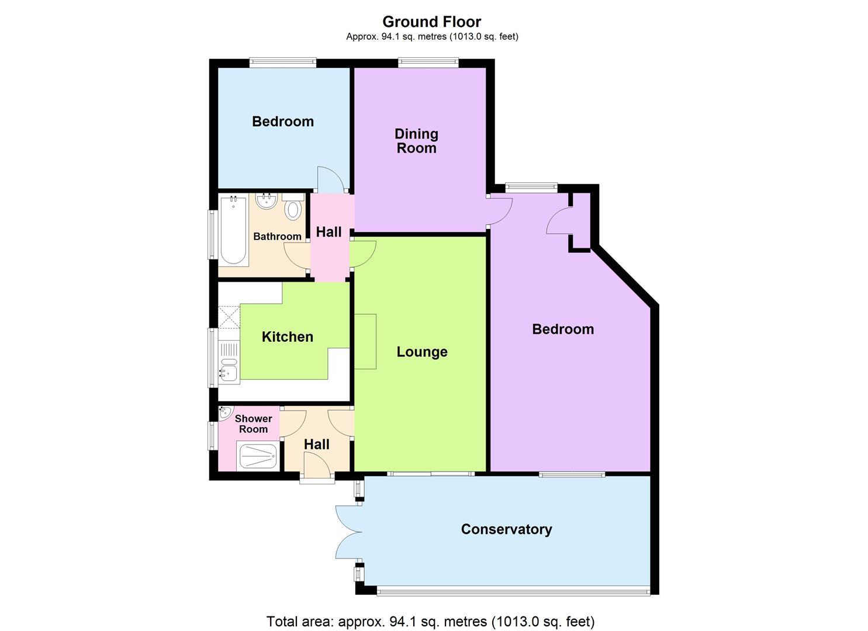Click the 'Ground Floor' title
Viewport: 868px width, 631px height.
(431, 22)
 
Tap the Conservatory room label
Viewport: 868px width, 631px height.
(506, 529)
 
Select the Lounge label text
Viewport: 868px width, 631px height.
(422, 352)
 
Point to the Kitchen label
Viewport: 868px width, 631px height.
(287, 337)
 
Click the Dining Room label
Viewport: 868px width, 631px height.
(416, 141)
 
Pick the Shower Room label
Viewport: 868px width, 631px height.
(253, 424)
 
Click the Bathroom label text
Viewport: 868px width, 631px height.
(277, 237)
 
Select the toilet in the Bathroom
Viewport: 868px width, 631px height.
(293, 208)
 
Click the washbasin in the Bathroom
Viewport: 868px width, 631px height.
(266, 202)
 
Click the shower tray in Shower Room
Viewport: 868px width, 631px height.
(257, 456)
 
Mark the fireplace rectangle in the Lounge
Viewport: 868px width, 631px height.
(365, 341)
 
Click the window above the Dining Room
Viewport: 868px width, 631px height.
(428, 63)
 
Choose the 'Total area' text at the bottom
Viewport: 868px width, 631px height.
(430, 621)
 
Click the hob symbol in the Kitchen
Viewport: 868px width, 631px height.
(229, 316)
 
